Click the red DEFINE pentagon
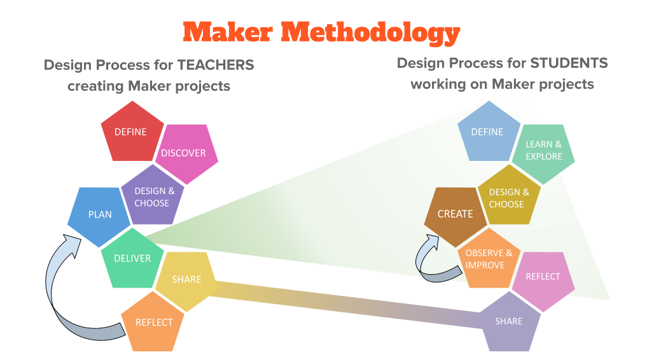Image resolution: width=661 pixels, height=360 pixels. tap(130, 132)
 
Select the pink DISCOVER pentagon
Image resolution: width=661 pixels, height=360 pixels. tap(184, 153)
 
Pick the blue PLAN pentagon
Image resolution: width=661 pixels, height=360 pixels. tap(99, 215)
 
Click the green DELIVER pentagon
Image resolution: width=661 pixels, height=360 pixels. tap(132, 258)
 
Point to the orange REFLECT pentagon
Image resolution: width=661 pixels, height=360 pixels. tap(154, 322)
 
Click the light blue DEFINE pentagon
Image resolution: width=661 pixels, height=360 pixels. tap(487, 132)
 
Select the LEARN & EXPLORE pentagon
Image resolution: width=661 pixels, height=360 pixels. tap(543, 151)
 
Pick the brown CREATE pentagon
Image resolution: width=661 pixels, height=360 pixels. tap(456, 214)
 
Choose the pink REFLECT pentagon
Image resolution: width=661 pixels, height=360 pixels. tap(543, 277)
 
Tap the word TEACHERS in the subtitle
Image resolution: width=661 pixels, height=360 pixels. tap(215, 65)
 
